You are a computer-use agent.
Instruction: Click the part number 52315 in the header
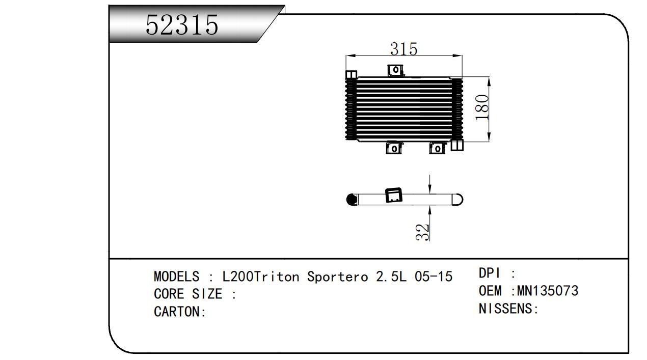click(182, 25)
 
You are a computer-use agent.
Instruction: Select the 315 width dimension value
click(404, 49)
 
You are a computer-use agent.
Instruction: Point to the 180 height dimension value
click(482, 107)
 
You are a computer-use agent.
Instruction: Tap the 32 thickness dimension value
click(422, 232)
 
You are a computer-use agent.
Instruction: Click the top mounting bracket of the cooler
click(395, 70)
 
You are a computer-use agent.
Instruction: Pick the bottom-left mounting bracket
click(394, 148)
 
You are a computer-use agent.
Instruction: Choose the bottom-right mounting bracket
click(437, 148)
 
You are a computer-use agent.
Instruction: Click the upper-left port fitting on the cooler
click(351, 74)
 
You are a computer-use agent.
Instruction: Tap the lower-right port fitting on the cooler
click(457, 145)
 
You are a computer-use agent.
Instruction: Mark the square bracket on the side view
click(394, 195)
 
